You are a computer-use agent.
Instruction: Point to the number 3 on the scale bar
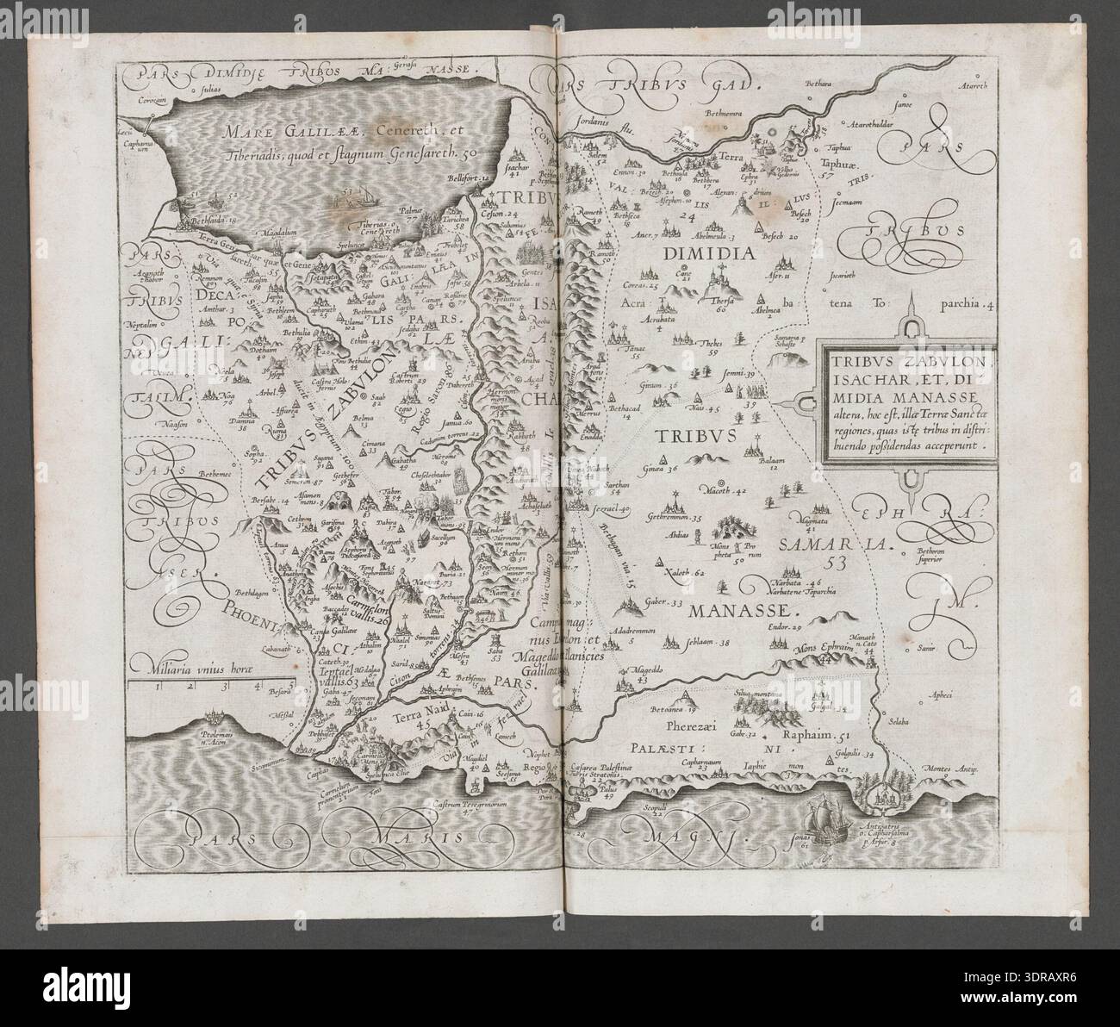(x=226, y=687)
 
